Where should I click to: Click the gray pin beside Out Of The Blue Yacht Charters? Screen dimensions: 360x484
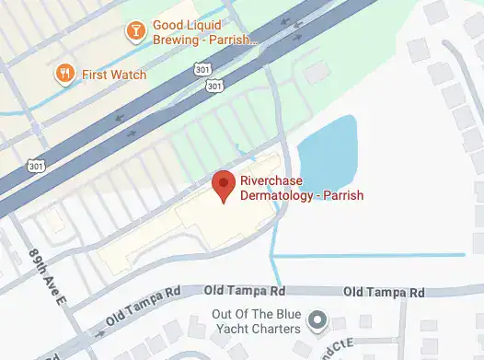pyautogui.click(x=318, y=320)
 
